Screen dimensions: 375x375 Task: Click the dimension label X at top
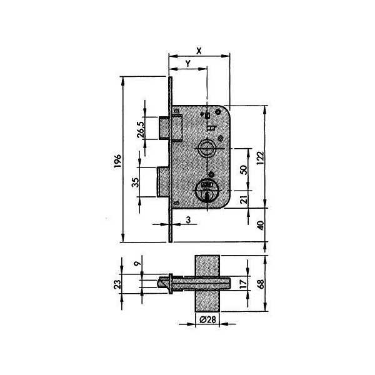(199, 51)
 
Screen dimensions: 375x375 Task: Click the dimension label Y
(188, 64)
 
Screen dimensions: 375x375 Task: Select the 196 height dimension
(117, 161)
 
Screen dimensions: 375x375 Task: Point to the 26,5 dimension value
(141, 129)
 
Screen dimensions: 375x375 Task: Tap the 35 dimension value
(136, 182)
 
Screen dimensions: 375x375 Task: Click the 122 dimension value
(260, 157)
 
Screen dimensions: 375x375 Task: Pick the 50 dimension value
(244, 170)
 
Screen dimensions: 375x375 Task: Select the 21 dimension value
(244, 199)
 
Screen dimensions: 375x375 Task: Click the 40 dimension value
(260, 225)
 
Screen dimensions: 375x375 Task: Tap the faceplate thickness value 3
(189, 219)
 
